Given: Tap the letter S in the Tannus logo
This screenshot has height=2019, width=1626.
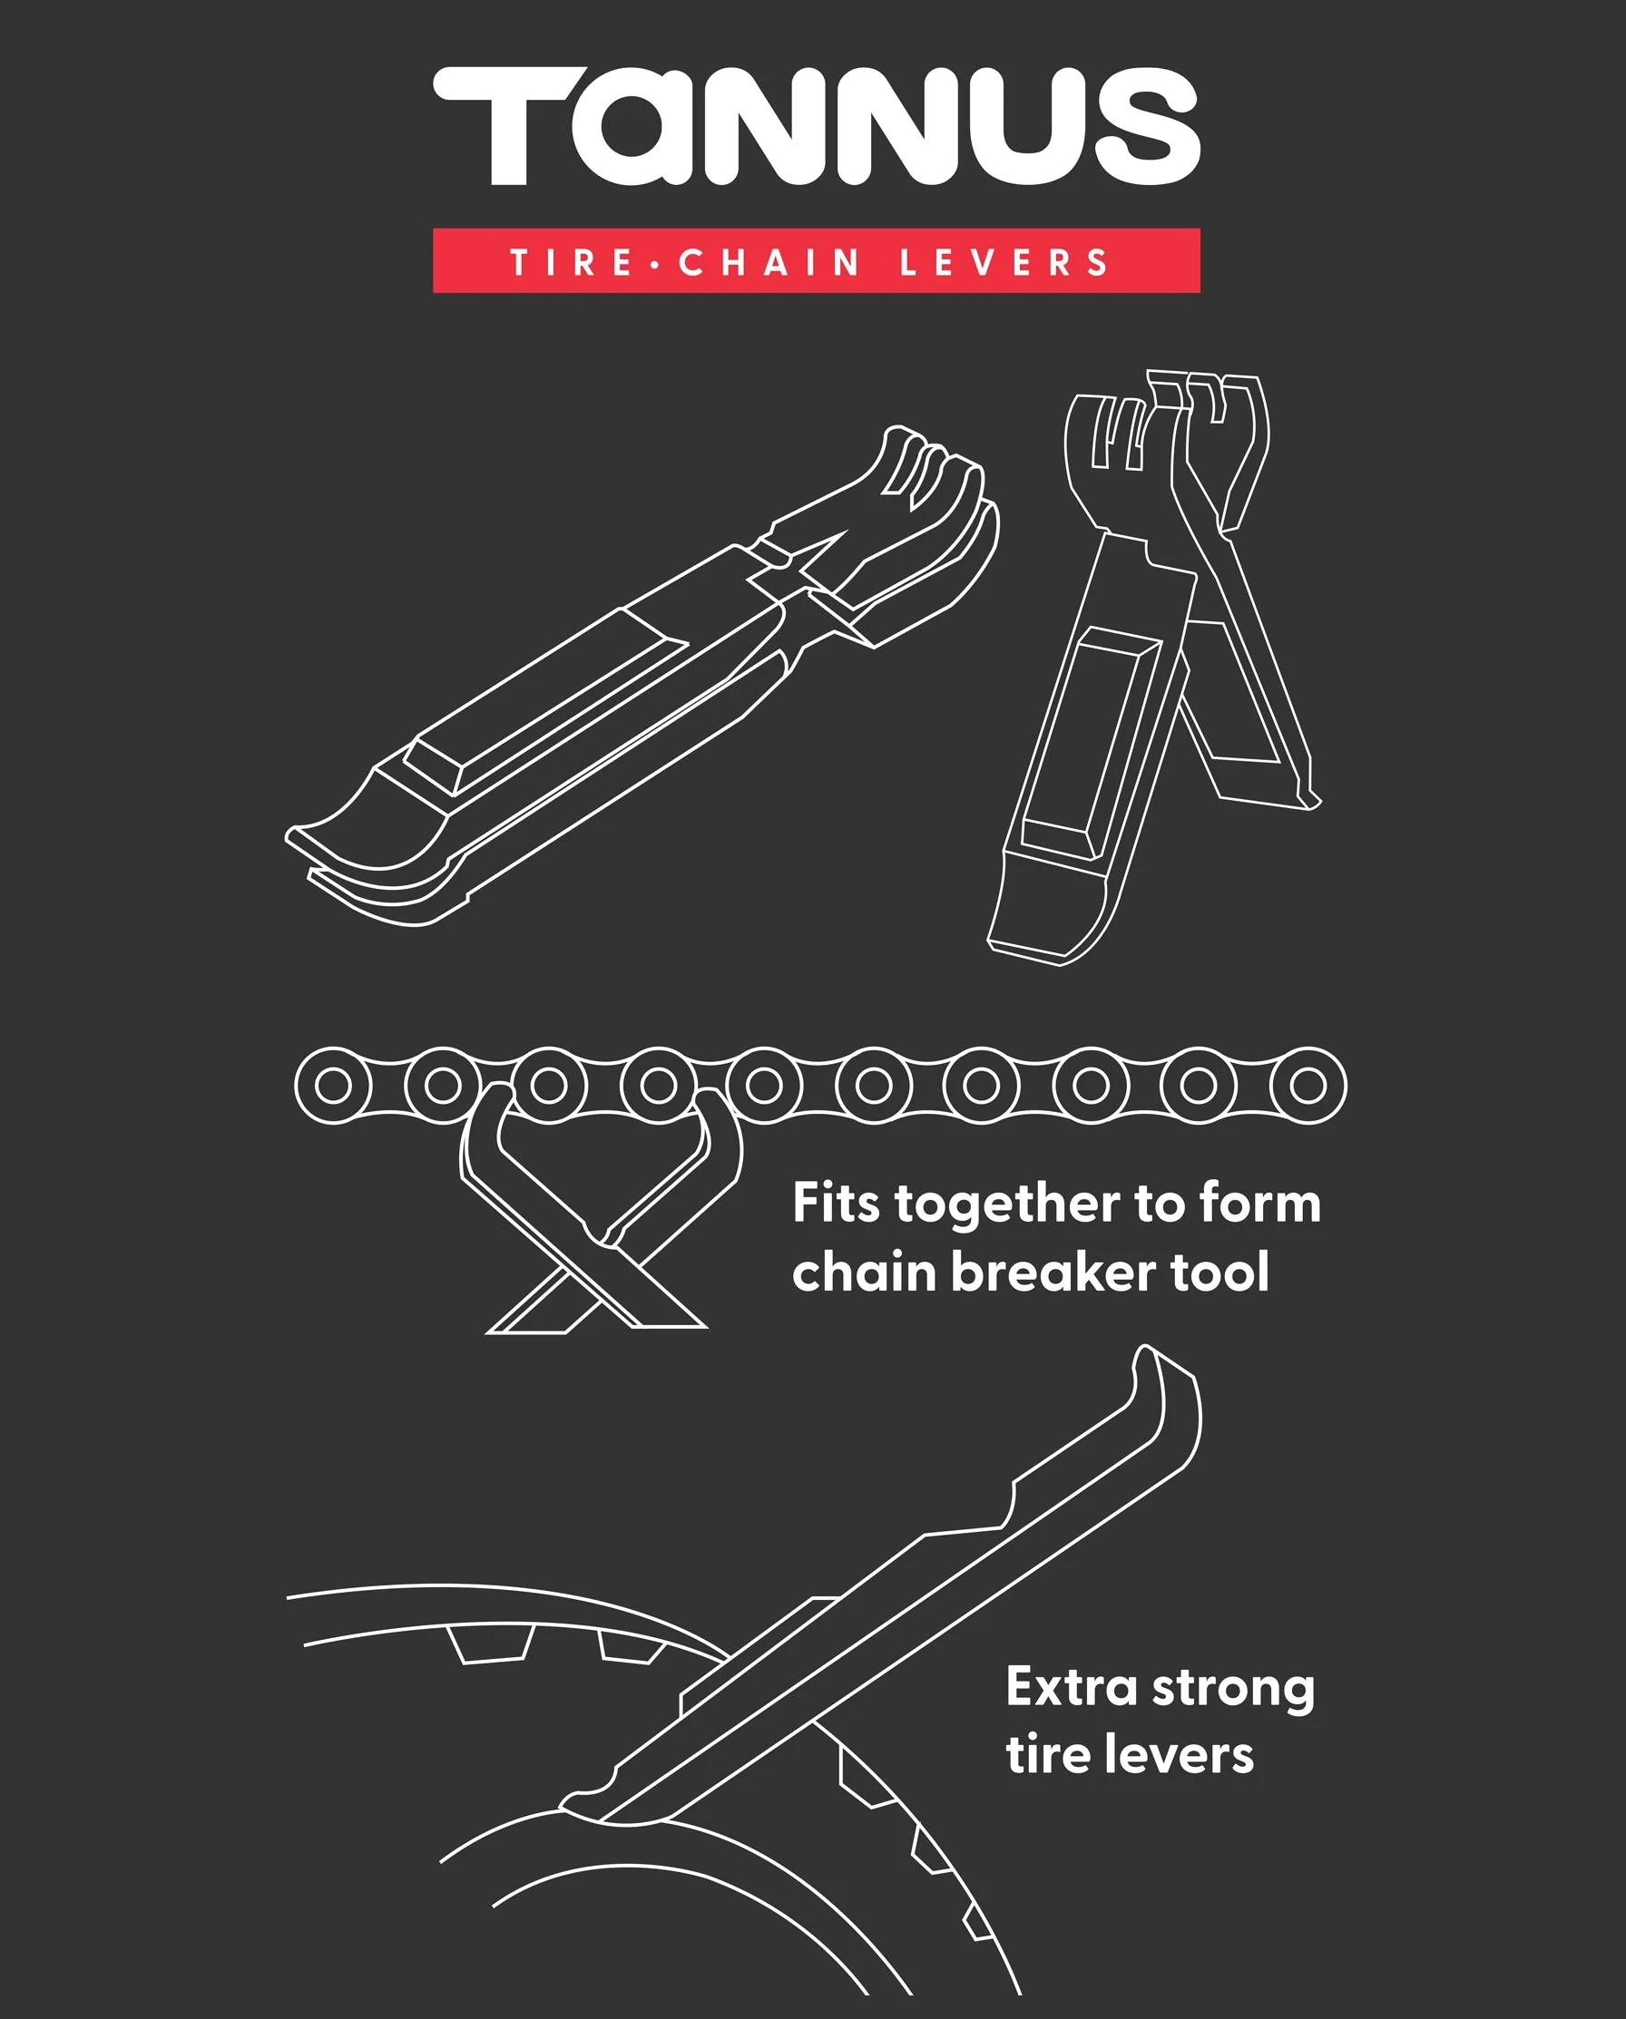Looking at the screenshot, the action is (1148, 125).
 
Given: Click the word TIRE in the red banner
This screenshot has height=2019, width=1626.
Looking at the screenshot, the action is (573, 262).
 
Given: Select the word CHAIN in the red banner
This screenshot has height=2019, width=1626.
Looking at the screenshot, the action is (769, 262).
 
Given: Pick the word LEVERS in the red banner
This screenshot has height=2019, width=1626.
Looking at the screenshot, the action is (1004, 262).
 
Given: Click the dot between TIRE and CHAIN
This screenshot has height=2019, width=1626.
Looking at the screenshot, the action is (656, 263).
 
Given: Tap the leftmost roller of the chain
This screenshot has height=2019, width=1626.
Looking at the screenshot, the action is (333, 1086).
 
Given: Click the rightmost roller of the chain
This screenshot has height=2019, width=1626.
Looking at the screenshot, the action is (1308, 1086).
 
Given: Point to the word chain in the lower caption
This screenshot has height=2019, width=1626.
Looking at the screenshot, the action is (864, 1273).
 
